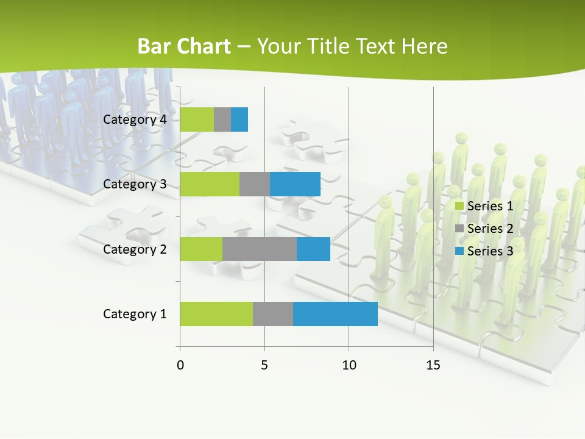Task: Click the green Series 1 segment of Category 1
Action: pyautogui.click(x=216, y=313)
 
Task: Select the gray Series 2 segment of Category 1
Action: pyautogui.click(x=273, y=313)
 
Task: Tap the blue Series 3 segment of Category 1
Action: pyautogui.click(x=335, y=313)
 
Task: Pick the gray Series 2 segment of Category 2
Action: pyautogui.click(x=260, y=249)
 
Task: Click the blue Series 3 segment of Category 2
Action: pyautogui.click(x=313, y=249)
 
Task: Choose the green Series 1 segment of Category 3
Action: pyautogui.click(x=210, y=184)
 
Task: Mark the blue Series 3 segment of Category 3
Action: pyautogui.click(x=295, y=184)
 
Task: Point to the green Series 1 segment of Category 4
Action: pyautogui.click(x=197, y=120)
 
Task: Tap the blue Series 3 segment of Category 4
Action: pyautogui.click(x=239, y=120)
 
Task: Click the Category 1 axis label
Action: pyautogui.click(x=135, y=314)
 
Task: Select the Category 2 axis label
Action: pyautogui.click(x=135, y=249)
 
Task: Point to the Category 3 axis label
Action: pyautogui.click(x=135, y=184)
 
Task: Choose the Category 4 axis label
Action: pyautogui.click(x=135, y=120)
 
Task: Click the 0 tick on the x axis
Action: pyautogui.click(x=180, y=365)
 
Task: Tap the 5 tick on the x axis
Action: pyautogui.click(x=264, y=365)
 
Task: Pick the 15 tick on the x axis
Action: pyautogui.click(x=433, y=365)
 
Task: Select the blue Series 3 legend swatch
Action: pyautogui.click(x=459, y=251)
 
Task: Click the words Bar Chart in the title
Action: pyautogui.click(x=184, y=46)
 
